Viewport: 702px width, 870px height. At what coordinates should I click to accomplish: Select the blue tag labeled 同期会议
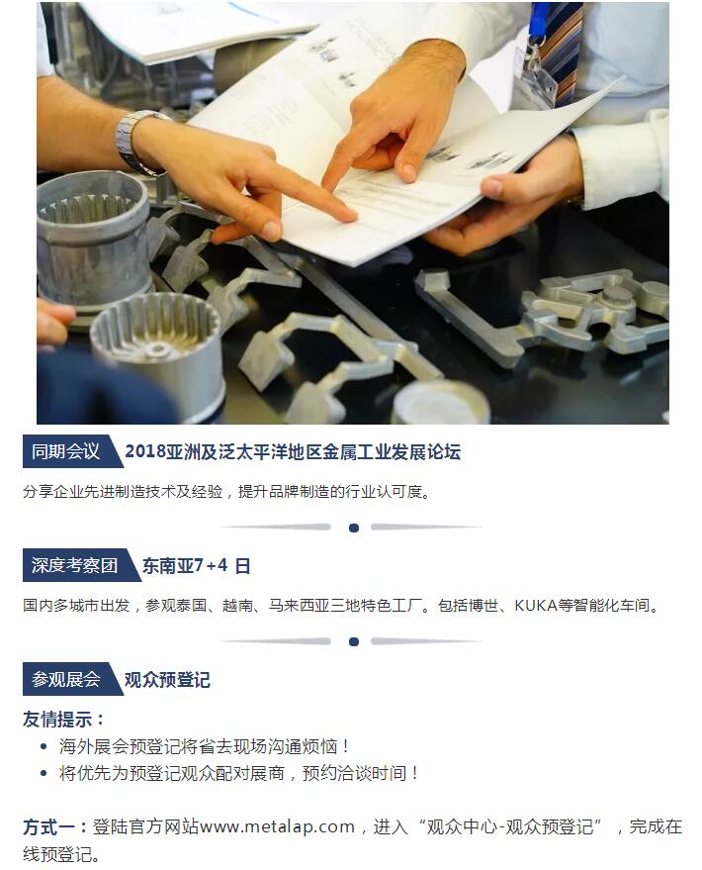click(x=65, y=452)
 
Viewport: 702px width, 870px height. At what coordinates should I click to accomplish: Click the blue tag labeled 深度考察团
click(x=74, y=565)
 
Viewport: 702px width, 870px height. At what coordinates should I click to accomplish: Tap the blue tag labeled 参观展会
click(x=66, y=679)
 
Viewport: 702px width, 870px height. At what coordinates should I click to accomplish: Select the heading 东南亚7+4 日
click(x=196, y=565)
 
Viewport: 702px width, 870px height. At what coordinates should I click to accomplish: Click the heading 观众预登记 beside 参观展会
click(x=167, y=679)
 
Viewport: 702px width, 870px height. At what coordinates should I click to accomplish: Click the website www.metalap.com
click(x=277, y=826)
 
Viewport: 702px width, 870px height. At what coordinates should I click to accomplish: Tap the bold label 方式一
click(x=48, y=826)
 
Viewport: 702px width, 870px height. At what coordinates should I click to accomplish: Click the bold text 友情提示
click(x=57, y=720)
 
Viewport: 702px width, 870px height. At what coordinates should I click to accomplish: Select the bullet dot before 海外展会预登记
click(x=44, y=747)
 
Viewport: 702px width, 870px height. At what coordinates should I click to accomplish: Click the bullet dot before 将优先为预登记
click(x=44, y=773)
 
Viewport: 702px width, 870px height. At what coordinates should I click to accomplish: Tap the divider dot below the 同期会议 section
click(x=354, y=528)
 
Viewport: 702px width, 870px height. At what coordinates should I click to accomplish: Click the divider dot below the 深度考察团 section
click(x=354, y=642)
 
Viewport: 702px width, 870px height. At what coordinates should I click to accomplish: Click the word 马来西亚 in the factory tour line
click(x=300, y=604)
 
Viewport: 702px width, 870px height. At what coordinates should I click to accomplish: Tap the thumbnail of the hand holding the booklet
click(x=493, y=187)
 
